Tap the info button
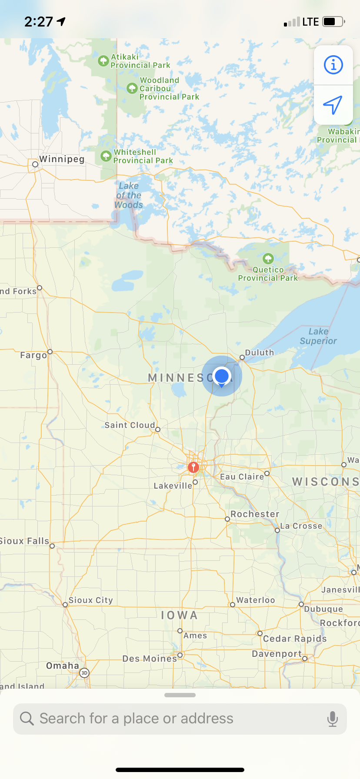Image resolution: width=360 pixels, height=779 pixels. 333,65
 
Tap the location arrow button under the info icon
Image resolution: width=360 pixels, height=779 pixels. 333,105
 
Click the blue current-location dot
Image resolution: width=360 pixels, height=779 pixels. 222,376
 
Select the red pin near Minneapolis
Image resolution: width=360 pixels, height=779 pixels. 193,467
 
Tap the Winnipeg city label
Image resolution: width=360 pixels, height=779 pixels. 62,159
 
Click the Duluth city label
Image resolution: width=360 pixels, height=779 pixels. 260,353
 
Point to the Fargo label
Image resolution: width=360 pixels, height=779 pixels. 33,355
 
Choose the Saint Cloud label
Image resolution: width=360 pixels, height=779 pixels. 130,425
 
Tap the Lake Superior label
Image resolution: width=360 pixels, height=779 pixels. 318,336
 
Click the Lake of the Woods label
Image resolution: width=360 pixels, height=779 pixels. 129,195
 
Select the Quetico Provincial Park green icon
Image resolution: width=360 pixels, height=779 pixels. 268,259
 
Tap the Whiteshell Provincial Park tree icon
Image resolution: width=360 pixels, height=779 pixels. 106,156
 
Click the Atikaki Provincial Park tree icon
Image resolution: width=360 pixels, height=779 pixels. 103,60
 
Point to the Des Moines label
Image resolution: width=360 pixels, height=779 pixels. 150,659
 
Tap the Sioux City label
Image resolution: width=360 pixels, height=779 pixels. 90,600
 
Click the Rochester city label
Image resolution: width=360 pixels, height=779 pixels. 255,514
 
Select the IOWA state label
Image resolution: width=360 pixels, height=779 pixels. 180,616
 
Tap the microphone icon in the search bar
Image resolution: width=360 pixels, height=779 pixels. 333,719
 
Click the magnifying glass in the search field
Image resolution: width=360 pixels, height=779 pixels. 27,719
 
